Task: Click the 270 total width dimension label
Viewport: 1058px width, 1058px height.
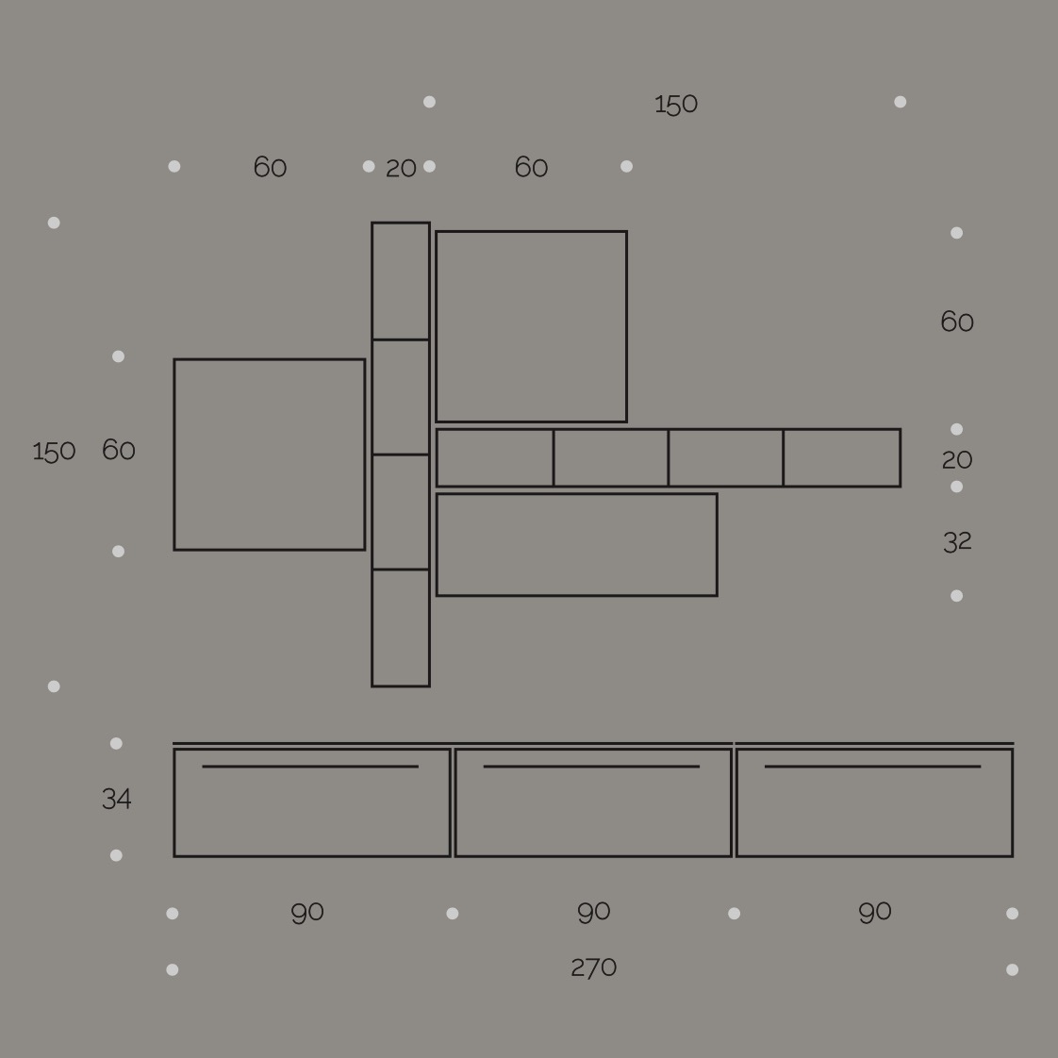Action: (x=594, y=968)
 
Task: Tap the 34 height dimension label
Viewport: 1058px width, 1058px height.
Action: (x=117, y=800)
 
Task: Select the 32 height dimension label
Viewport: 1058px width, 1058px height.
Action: (x=957, y=542)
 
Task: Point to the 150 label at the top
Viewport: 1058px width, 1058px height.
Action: (x=676, y=105)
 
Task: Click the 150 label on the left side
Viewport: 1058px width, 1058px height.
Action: (x=54, y=452)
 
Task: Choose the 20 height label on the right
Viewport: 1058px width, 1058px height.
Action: (x=957, y=461)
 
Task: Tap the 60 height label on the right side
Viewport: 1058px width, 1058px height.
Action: (x=957, y=322)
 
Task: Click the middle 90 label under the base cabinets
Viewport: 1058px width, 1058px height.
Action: (x=594, y=913)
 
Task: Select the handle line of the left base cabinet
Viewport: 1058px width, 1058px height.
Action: (x=310, y=767)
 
